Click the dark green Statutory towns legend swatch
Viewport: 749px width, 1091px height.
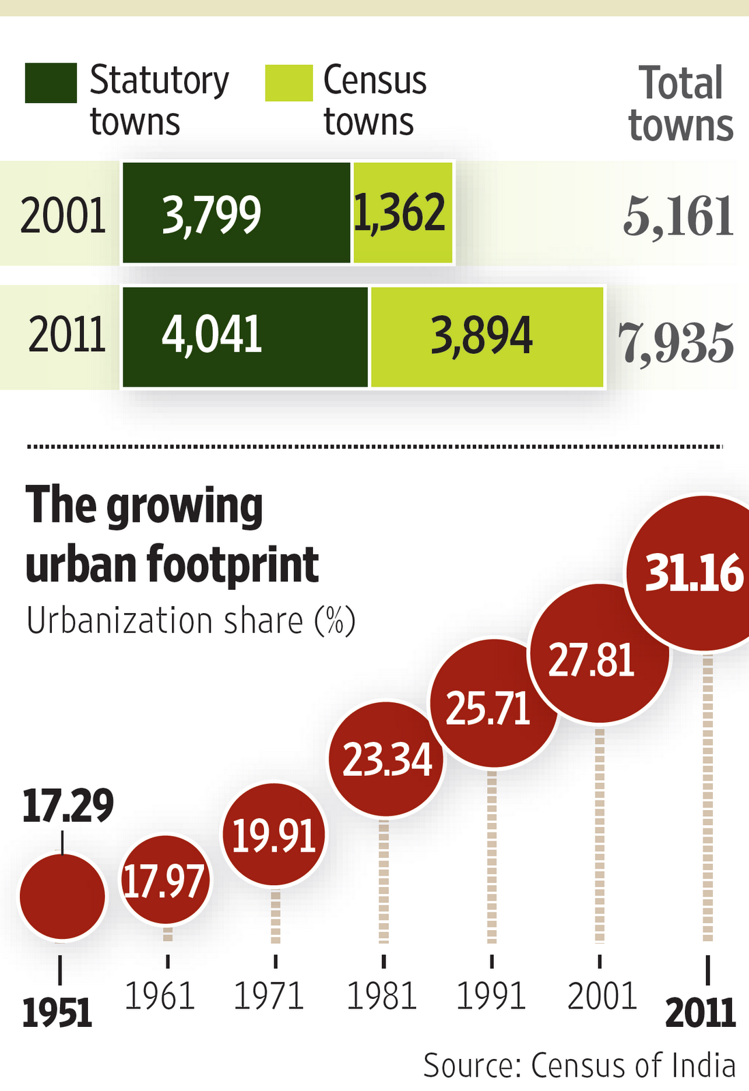click(50, 83)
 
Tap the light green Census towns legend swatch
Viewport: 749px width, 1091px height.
click(289, 83)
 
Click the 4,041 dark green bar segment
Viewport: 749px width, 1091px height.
click(245, 336)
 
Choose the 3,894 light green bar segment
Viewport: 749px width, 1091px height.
click(486, 336)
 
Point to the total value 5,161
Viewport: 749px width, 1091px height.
click(678, 216)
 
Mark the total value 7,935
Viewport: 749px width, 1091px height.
click(676, 343)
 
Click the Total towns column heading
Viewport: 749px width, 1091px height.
click(681, 104)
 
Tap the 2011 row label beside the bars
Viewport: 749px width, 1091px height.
click(67, 335)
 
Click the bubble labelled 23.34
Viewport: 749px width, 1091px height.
click(386, 759)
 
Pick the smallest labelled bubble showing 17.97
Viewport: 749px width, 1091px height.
click(165, 880)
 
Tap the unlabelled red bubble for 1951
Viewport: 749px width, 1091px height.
click(62, 897)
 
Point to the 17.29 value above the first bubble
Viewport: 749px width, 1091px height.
click(67, 805)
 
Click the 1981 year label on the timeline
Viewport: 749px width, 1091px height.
click(382, 996)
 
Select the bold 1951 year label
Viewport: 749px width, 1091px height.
click(57, 1013)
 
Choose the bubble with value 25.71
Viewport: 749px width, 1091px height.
click(492, 704)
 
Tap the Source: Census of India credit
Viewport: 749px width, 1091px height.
click(579, 1065)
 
